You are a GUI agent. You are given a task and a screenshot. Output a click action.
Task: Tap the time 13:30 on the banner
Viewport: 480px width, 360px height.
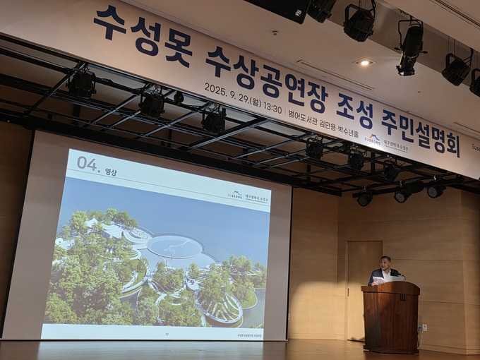pos(271,107)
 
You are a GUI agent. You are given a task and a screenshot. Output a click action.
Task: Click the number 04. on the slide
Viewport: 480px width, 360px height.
pos(88,164)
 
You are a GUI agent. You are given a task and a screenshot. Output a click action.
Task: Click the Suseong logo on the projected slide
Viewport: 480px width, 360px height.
pos(235,195)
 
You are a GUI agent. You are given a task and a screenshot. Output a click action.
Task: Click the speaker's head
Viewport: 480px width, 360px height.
pos(385,264)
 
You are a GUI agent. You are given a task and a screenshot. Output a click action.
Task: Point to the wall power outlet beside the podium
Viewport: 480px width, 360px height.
pos(424,328)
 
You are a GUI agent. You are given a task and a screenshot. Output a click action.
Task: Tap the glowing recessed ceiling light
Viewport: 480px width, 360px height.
pos(364,63)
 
